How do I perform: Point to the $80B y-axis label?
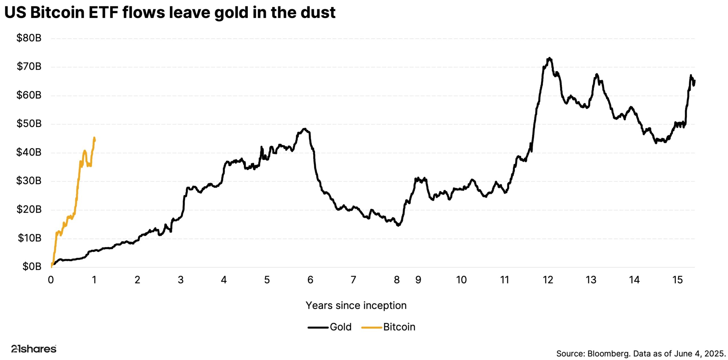(x=29, y=38)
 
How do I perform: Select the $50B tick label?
(x=29, y=124)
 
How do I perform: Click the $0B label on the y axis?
(x=32, y=267)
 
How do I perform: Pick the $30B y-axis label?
(x=29, y=181)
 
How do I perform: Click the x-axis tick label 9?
(x=418, y=280)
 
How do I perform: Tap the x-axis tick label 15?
(x=677, y=280)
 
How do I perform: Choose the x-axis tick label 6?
(x=310, y=280)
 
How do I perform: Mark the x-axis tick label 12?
(x=548, y=280)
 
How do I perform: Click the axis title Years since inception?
(x=356, y=305)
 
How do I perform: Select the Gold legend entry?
(x=340, y=327)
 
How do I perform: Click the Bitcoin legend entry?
(x=399, y=327)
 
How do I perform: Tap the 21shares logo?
(x=34, y=349)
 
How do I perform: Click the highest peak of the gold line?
(x=550, y=58)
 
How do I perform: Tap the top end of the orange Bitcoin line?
(x=94, y=138)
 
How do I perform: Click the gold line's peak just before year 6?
(x=305, y=129)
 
